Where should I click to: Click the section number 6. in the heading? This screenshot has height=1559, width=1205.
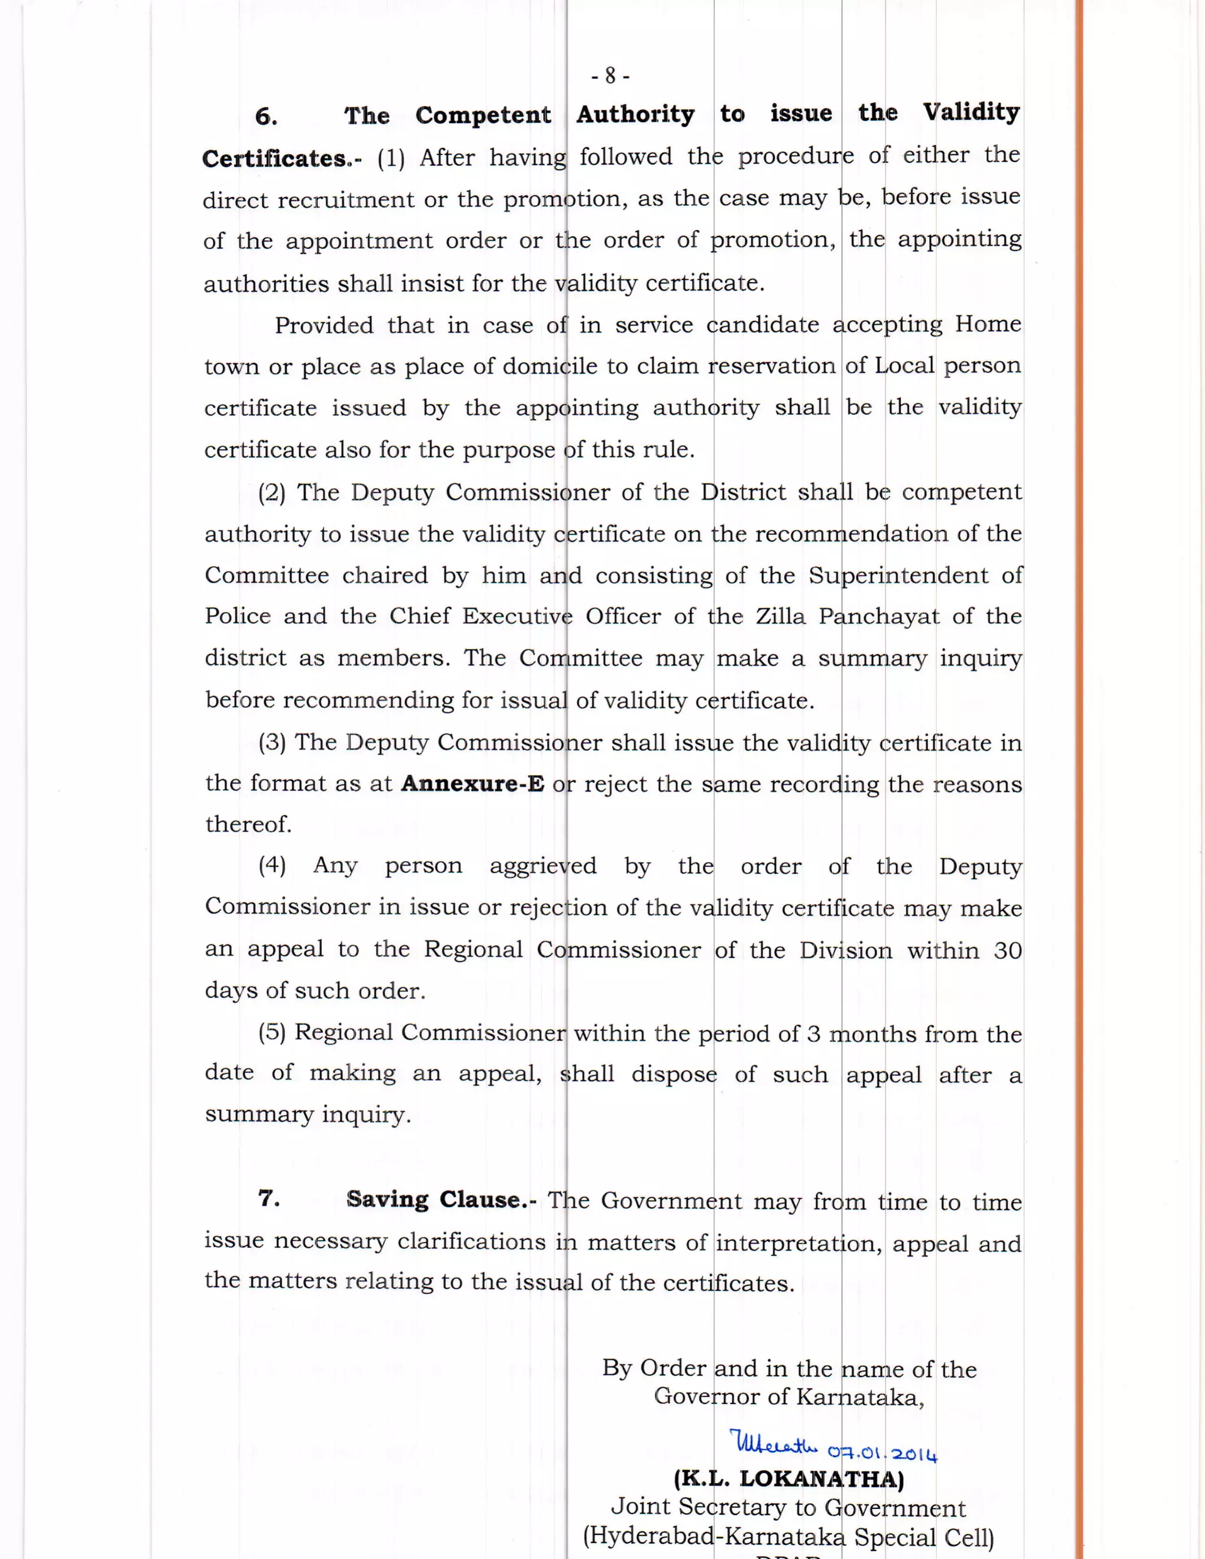point(267,117)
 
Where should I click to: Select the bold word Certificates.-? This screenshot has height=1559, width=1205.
point(282,158)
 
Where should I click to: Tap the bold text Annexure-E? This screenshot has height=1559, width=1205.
point(472,784)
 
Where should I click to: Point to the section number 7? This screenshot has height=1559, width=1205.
point(269,1198)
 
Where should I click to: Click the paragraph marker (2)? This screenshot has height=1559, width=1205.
point(272,493)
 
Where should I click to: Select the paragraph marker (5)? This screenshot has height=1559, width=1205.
point(272,1032)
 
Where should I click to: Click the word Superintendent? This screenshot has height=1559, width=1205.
point(898,576)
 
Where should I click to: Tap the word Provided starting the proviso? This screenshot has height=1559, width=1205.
point(324,325)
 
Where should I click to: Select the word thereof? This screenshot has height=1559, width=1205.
point(249,825)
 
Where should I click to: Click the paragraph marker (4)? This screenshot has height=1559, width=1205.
point(272,865)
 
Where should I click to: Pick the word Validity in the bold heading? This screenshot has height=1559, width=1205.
point(971,113)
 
